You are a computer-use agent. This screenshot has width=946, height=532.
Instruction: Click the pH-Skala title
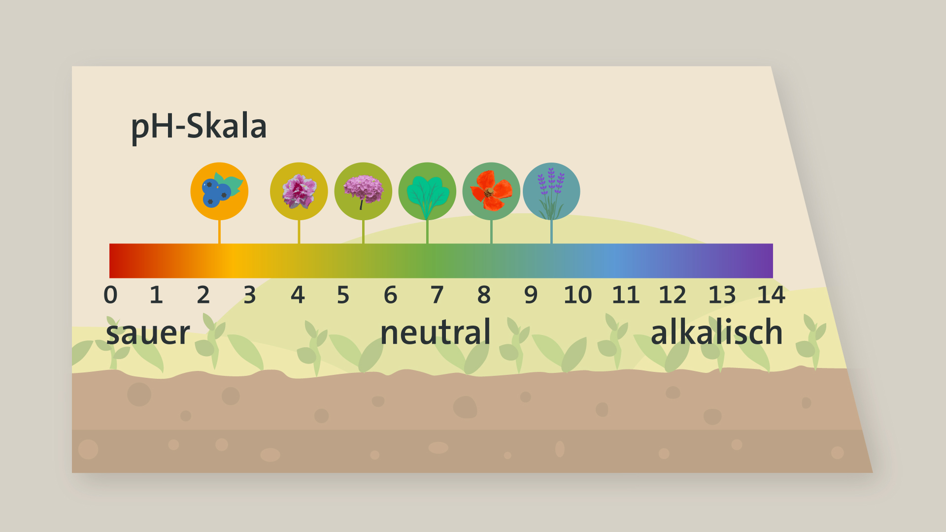[x=199, y=127]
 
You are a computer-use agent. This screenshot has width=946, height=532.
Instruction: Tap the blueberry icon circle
[x=219, y=191]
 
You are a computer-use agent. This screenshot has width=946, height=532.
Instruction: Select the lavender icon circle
[x=551, y=191]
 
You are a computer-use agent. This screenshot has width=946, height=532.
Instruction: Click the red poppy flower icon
[x=491, y=191]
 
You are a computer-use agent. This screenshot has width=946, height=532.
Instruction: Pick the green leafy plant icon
[x=427, y=191]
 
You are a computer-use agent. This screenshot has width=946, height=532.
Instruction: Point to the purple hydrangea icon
[x=363, y=191]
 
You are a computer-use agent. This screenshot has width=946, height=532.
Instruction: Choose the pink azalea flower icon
[x=299, y=191]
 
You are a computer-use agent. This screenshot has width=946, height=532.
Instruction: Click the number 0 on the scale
[x=110, y=295]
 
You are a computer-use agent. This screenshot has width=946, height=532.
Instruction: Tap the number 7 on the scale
[x=437, y=295]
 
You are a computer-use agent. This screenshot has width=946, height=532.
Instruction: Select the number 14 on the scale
[x=771, y=295]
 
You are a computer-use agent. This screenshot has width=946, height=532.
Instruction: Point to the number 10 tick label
[x=577, y=295]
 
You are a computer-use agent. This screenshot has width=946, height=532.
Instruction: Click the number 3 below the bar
[x=250, y=295]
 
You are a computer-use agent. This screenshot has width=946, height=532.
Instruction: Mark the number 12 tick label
[x=672, y=295]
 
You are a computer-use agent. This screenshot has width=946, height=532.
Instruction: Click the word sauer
[x=148, y=333]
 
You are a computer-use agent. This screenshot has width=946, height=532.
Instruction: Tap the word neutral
[x=436, y=332]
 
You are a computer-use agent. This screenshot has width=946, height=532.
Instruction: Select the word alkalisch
[x=717, y=332]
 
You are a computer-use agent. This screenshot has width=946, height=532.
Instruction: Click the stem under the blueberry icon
[x=219, y=232]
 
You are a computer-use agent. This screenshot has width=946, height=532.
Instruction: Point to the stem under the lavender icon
[x=551, y=232]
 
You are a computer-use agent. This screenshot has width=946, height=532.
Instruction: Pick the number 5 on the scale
[x=343, y=295]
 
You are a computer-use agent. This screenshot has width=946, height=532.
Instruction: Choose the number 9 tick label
[x=531, y=295]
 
